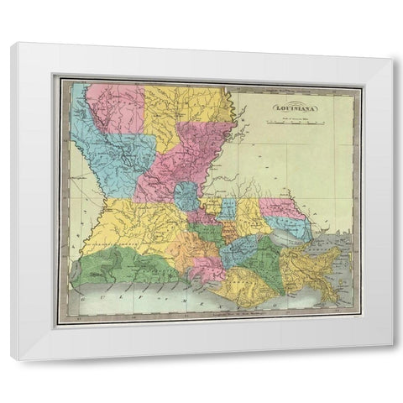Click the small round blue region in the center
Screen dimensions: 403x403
point(186,199)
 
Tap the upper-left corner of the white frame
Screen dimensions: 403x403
point(12,44)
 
